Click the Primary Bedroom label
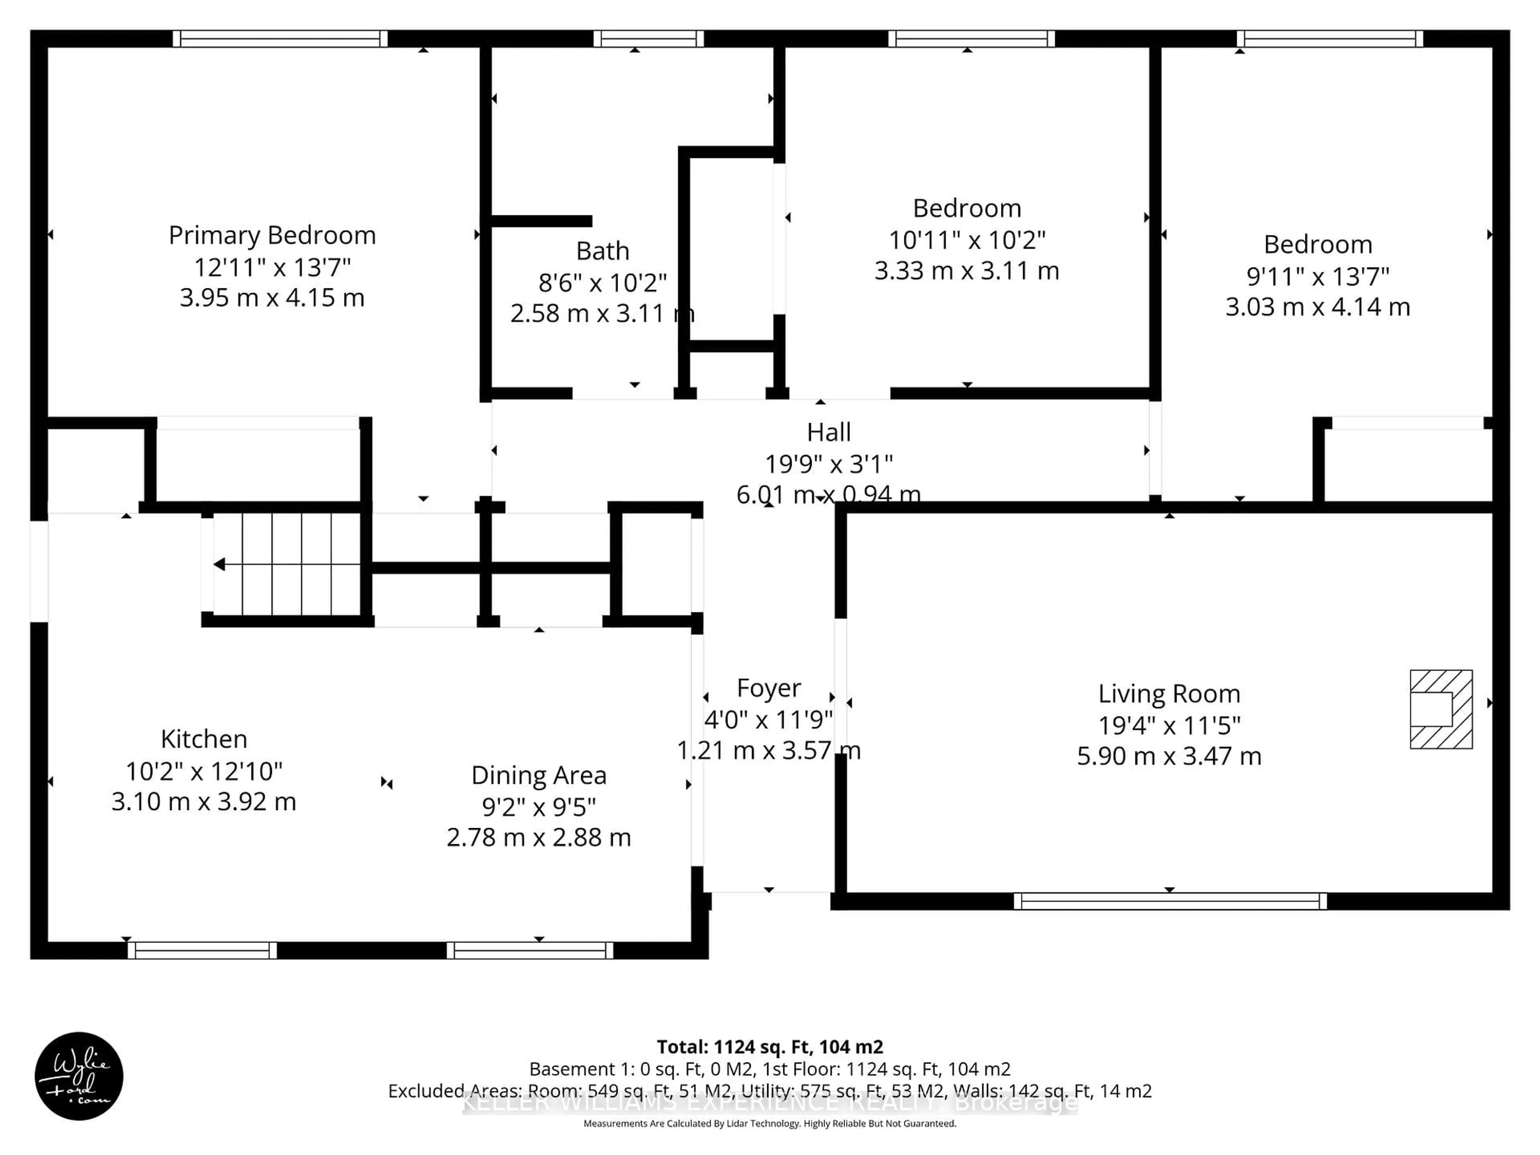pos(272,235)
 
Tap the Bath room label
pos(602,251)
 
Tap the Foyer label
pos(769,688)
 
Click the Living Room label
pos(1169,694)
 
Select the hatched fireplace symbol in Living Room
pos(1441,709)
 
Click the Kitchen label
pos(204,739)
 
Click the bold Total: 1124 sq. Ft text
pos(769,1047)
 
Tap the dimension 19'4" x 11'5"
pos(1169,725)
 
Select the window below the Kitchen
pos(202,950)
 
